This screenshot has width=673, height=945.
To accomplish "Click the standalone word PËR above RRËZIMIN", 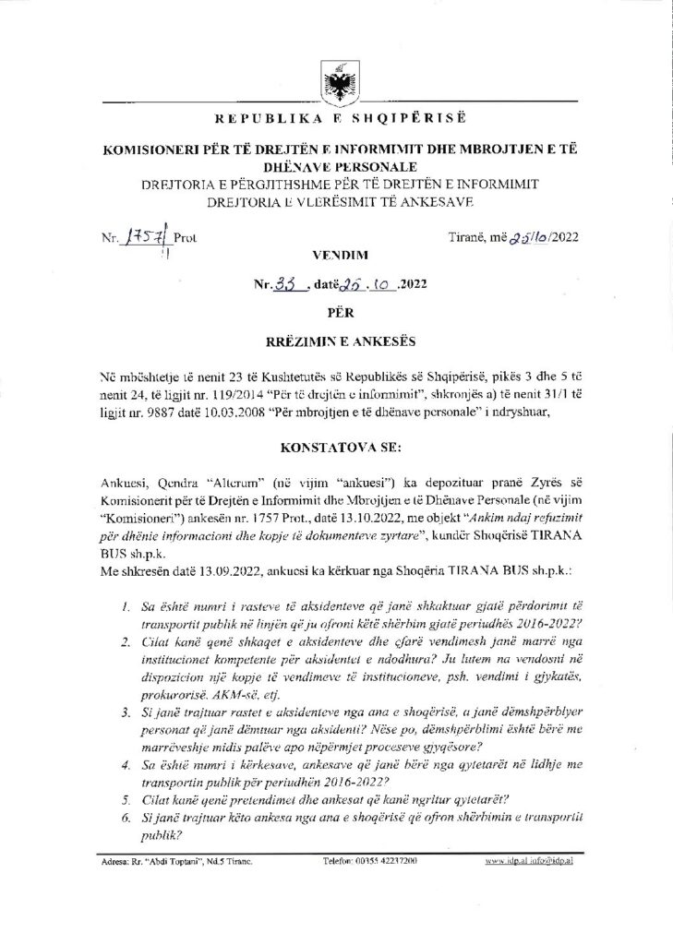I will [336, 313].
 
